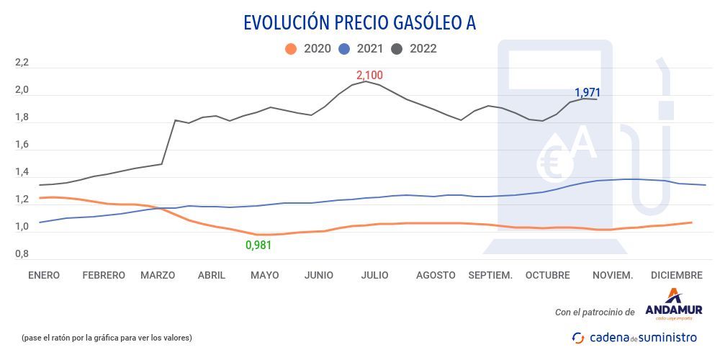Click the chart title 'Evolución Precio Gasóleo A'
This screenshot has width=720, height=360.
(x=359, y=23)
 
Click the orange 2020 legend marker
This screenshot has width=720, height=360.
(x=291, y=49)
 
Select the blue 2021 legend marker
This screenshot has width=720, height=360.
(x=344, y=49)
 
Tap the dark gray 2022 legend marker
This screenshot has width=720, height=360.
(x=397, y=49)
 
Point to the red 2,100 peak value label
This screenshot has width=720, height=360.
(x=369, y=75)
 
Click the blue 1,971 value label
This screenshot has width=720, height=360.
(x=587, y=92)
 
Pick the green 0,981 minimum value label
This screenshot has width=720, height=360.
(x=258, y=245)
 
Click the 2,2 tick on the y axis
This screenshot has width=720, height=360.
(x=22, y=63)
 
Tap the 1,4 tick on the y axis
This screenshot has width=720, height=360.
(x=22, y=173)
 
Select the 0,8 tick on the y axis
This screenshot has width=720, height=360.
(x=22, y=254)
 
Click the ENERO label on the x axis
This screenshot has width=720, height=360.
(x=44, y=275)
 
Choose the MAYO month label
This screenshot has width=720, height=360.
(x=264, y=275)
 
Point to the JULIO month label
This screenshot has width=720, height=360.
(x=374, y=275)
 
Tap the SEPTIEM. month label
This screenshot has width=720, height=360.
(x=490, y=275)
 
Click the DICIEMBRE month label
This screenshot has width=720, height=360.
(x=676, y=275)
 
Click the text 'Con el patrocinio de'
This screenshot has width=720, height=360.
(x=595, y=312)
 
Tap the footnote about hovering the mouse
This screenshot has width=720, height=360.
(x=107, y=337)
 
